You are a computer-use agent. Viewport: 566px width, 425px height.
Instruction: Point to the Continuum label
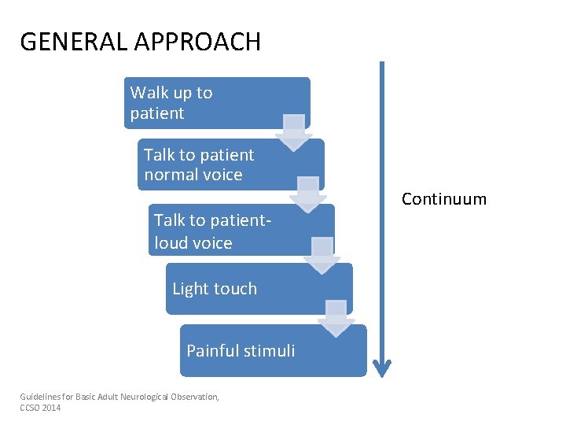point(444,199)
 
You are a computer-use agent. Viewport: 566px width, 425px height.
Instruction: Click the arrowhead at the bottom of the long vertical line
point(382,367)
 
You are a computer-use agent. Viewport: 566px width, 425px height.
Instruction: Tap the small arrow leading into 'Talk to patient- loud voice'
point(307,194)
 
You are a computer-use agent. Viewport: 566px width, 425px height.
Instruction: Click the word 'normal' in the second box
point(168,175)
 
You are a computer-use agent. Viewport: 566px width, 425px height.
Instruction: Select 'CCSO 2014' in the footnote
point(40,408)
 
